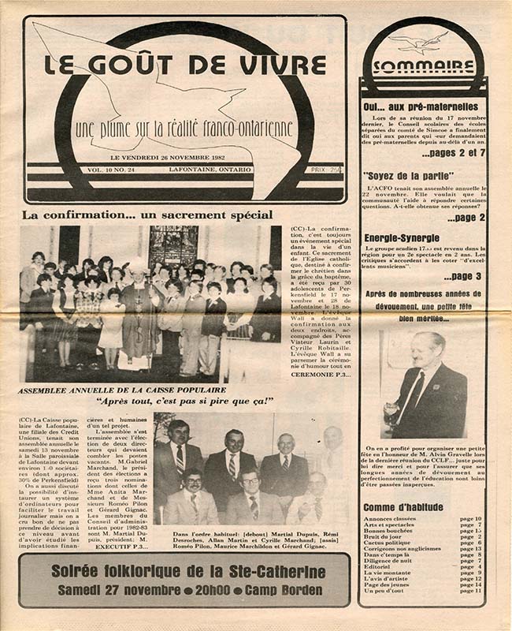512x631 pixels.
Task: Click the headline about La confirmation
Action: (x=147, y=214)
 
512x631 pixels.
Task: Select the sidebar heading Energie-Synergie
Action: (x=401, y=237)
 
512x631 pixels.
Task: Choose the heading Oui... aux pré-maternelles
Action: (x=421, y=106)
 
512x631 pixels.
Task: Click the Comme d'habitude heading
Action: (x=403, y=506)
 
